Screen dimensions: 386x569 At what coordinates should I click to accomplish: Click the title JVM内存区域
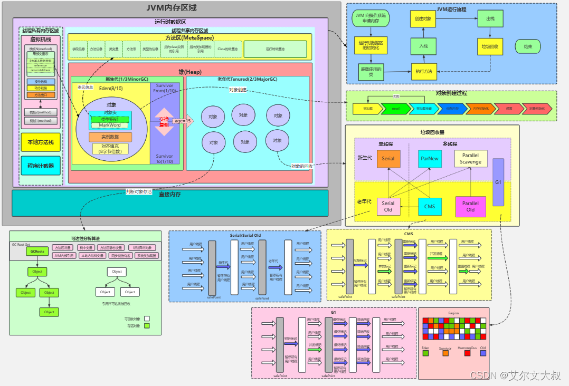coord(171,8)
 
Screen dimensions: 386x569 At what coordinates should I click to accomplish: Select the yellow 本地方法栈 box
coord(41,142)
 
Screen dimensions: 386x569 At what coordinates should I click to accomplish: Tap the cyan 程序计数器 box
coord(41,166)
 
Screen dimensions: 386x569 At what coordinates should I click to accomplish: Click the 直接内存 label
coord(170,194)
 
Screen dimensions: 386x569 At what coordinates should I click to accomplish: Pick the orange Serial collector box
coord(388,159)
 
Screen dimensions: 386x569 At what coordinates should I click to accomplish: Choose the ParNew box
coord(430,159)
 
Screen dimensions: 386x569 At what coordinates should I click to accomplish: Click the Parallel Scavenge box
coord(470,159)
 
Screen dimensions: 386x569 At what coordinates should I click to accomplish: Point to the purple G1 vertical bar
coord(498,182)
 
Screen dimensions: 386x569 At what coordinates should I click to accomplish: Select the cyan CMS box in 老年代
coord(430,206)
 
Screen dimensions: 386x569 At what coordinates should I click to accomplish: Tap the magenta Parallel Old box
coord(470,206)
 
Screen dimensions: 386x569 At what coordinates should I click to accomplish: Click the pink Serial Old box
coord(388,206)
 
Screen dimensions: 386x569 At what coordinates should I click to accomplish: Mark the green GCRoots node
coord(37,252)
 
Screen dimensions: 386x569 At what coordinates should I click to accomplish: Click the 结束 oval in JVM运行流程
coord(528,46)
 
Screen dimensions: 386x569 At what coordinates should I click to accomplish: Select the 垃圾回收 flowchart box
coord(490,46)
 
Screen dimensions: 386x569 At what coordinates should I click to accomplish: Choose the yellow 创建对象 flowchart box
coord(423,18)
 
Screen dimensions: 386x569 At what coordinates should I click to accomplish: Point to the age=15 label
coord(183,121)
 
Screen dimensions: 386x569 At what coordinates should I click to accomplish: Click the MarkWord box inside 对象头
coord(110,125)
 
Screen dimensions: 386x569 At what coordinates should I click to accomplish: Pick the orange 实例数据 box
coord(110,137)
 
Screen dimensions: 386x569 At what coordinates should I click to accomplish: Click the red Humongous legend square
coord(467,353)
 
